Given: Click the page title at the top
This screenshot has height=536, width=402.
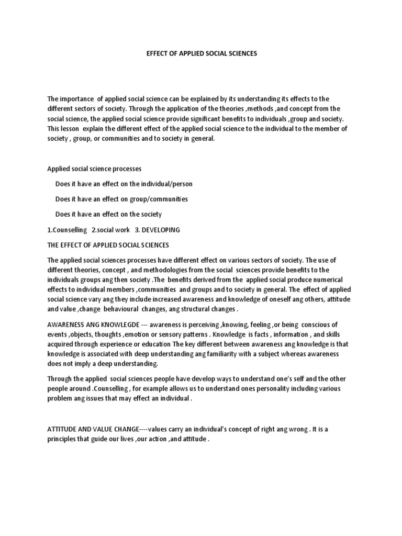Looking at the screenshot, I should (201, 53).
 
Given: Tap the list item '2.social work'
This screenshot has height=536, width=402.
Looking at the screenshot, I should (110, 229).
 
